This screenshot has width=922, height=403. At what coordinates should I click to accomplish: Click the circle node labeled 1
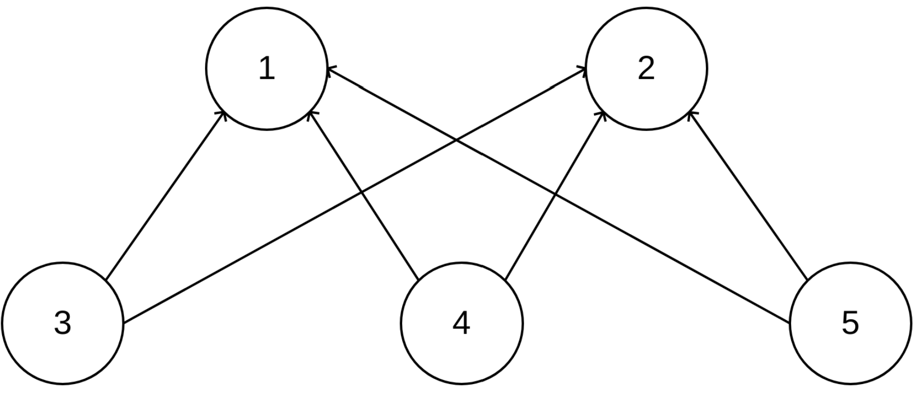267,68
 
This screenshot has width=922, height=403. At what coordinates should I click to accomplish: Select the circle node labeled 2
646,68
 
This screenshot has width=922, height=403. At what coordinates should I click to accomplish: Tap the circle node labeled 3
63,323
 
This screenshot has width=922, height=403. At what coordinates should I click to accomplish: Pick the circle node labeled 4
462,323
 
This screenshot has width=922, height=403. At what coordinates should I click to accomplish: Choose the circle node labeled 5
850,323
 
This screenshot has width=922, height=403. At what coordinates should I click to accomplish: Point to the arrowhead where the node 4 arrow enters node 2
603,114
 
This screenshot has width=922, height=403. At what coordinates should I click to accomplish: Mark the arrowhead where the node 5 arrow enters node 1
330,69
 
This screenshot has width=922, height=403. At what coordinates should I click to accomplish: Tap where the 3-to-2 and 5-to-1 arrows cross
456,139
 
